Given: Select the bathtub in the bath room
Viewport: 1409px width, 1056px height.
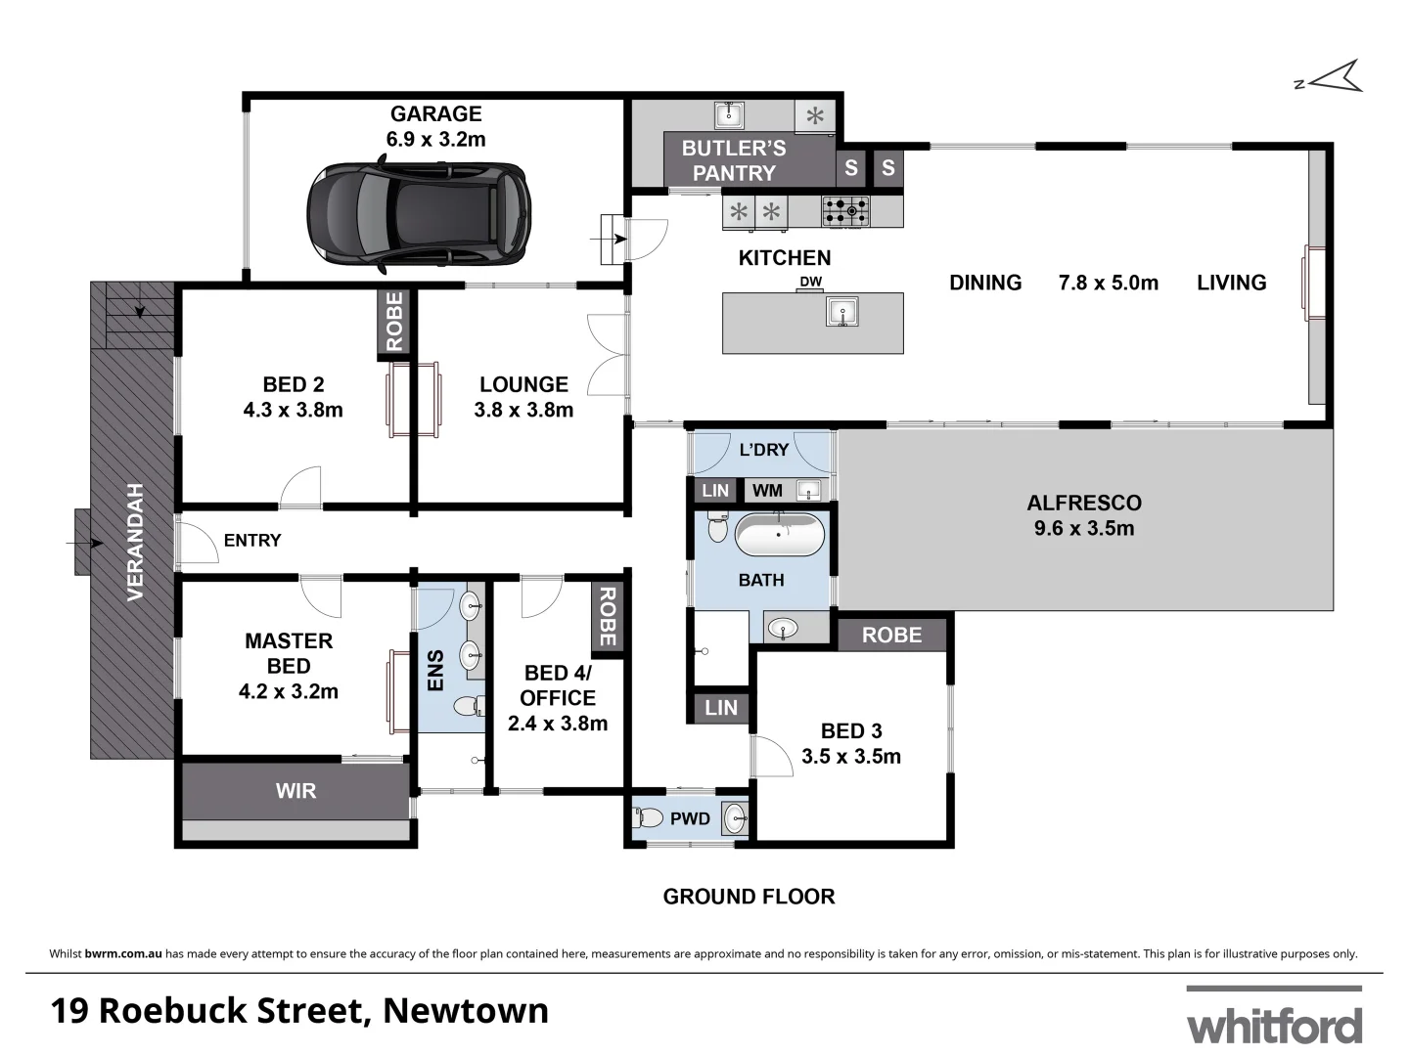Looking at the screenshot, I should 779,536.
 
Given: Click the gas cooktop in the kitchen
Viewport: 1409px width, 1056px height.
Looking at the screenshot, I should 845,210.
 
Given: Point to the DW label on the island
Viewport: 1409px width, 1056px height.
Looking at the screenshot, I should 810,283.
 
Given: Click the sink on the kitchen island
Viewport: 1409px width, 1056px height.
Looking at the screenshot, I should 841,312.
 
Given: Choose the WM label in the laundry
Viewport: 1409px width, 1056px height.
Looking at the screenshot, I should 767,491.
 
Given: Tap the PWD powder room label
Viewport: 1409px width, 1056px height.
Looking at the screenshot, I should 690,818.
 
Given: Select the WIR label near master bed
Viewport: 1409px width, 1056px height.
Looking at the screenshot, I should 295,791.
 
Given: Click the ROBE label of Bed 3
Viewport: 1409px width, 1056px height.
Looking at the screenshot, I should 891,636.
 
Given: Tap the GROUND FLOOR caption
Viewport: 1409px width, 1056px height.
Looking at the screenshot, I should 749,897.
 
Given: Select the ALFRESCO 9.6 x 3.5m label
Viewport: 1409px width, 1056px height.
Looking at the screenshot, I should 1084,515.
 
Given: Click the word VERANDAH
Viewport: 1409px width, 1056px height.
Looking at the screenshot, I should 135,542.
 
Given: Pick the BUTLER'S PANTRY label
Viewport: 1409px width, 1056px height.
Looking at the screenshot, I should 734,160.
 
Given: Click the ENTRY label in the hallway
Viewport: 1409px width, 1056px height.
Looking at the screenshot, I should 251,541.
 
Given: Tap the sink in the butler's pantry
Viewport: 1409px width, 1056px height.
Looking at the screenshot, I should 729,115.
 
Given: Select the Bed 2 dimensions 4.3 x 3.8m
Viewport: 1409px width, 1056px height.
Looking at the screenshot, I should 293,410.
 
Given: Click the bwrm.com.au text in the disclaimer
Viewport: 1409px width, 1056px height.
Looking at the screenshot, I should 123,953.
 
